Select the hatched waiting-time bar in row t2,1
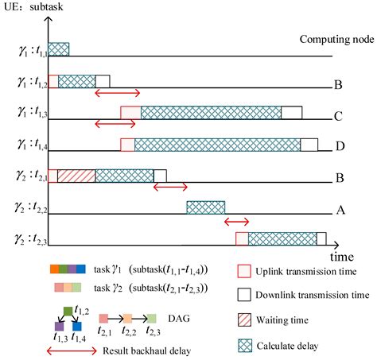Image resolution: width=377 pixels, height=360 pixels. pyautogui.click(x=76, y=176)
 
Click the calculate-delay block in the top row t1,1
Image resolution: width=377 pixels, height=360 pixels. pyautogui.click(x=59, y=48)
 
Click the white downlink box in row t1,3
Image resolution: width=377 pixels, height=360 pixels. pyautogui.click(x=292, y=112)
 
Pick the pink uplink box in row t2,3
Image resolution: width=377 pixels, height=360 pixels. pyautogui.click(x=242, y=238)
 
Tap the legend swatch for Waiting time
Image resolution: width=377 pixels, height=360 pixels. pyautogui.click(x=245, y=321)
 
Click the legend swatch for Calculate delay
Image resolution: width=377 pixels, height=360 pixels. pyautogui.click(x=245, y=346)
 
